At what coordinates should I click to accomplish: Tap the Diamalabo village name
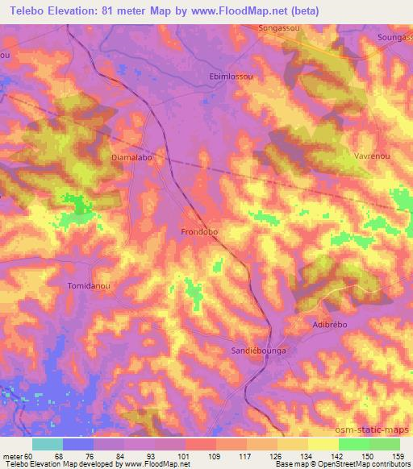point(131,158)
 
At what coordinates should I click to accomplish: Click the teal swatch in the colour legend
point(48,443)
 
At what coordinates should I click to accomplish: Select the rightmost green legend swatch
point(385,443)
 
